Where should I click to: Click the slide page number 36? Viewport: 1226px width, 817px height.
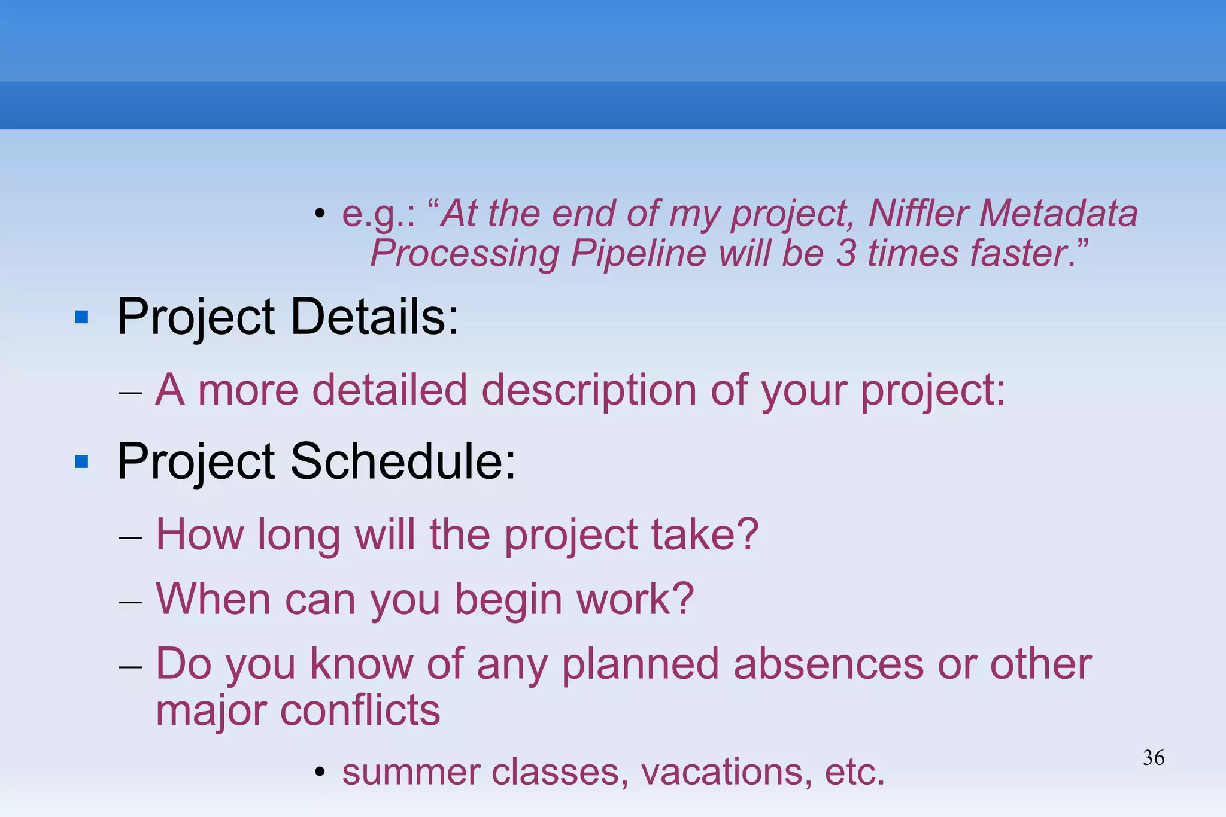tap(1154, 758)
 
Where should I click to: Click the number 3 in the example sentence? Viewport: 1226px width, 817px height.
tap(846, 253)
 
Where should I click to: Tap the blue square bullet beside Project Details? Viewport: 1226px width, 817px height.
tap(81, 317)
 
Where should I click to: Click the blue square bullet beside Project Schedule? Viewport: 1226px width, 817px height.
tap(81, 462)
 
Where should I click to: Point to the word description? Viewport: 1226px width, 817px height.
tap(589, 390)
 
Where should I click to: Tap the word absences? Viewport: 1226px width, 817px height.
tap(829, 664)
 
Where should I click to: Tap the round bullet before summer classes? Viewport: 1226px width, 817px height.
tap(320, 773)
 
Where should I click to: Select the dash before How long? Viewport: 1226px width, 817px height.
tap(130, 536)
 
